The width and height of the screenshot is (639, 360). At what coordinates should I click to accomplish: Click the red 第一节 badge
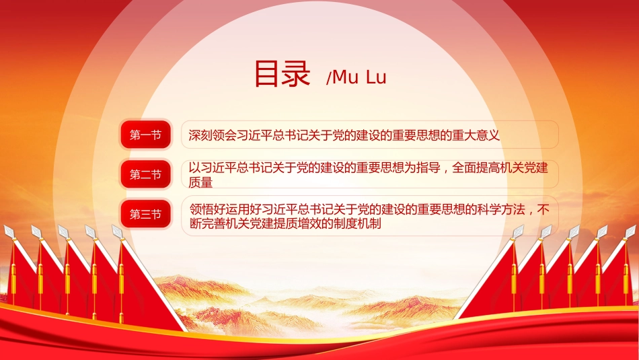(145, 135)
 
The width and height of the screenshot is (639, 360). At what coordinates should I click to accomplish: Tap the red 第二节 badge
(145, 174)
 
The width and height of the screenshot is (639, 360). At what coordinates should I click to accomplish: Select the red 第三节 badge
(145, 214)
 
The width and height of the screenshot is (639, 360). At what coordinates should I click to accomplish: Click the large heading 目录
(282, 74)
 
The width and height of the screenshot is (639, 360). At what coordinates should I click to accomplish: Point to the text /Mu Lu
(356, 77)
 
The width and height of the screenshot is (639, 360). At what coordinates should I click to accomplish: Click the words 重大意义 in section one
(476, 135)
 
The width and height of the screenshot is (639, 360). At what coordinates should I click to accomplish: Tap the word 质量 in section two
(200, 182)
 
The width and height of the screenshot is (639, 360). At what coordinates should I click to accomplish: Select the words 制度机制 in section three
(357, 223)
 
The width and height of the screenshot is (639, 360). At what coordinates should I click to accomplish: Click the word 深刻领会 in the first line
(213, 135)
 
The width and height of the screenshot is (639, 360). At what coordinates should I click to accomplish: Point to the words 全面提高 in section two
(476, 168)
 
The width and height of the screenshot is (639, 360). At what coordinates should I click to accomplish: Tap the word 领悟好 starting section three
(208, 209)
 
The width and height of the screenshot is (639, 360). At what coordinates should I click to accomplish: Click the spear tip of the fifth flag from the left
(117, 231)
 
